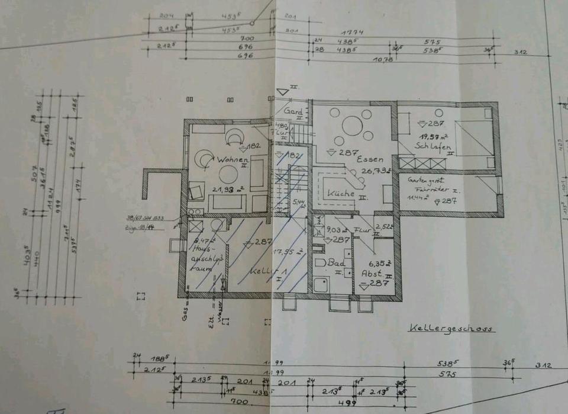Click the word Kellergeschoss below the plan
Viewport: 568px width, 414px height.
pyautogui.click(x=451, y=328)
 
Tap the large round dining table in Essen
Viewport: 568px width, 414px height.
pyautogui.click(x=352, y=126)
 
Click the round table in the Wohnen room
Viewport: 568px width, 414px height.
pyautogui.click(x=228, y=174)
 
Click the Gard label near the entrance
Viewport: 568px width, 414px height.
pyautogui.click(x=293, y=111)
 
